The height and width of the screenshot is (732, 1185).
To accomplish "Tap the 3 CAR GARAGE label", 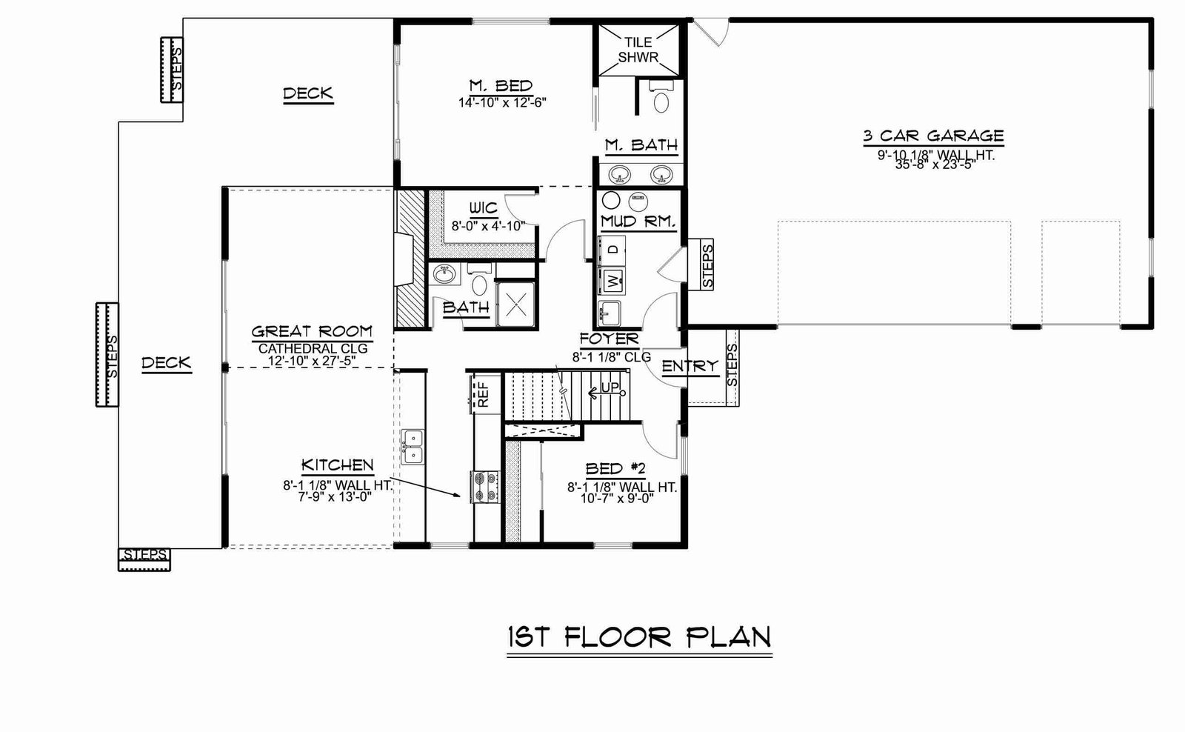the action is click(x=934, y=136).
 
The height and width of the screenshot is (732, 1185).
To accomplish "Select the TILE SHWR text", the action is click(x=638, y=50).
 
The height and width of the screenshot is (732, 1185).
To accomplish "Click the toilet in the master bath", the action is click(x=661, y=97).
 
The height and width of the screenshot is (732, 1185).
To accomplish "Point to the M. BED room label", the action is click(x=501, y=86).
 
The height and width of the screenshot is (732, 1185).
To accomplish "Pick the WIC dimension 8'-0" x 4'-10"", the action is click(x=488, y=226).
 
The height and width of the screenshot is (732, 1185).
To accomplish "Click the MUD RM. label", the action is click(x=638, y=222).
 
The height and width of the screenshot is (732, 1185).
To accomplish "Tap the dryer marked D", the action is click(x=612, y=250).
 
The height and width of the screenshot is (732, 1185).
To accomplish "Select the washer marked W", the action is click(x=612, y=281).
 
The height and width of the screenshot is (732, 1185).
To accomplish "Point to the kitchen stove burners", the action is click(x=485, y=487).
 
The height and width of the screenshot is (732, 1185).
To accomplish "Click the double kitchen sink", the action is click(x=412, y=447).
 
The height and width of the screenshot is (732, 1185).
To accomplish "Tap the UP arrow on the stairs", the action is click(x=607, y=392).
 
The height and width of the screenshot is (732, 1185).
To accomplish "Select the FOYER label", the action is click(x=610, y=339).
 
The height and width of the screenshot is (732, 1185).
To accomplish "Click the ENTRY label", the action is click(x=690, y=366).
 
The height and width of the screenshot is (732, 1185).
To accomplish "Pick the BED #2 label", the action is click(x=615, y=469).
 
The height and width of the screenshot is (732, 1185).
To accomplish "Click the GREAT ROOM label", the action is click(x=312, y=332).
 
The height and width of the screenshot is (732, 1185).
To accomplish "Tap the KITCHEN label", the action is click(x=338, y=465).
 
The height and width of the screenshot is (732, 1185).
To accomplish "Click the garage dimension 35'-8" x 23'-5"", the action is click(x=935, y=164).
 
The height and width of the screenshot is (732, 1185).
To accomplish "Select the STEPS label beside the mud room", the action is click(x=707, y=266).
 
